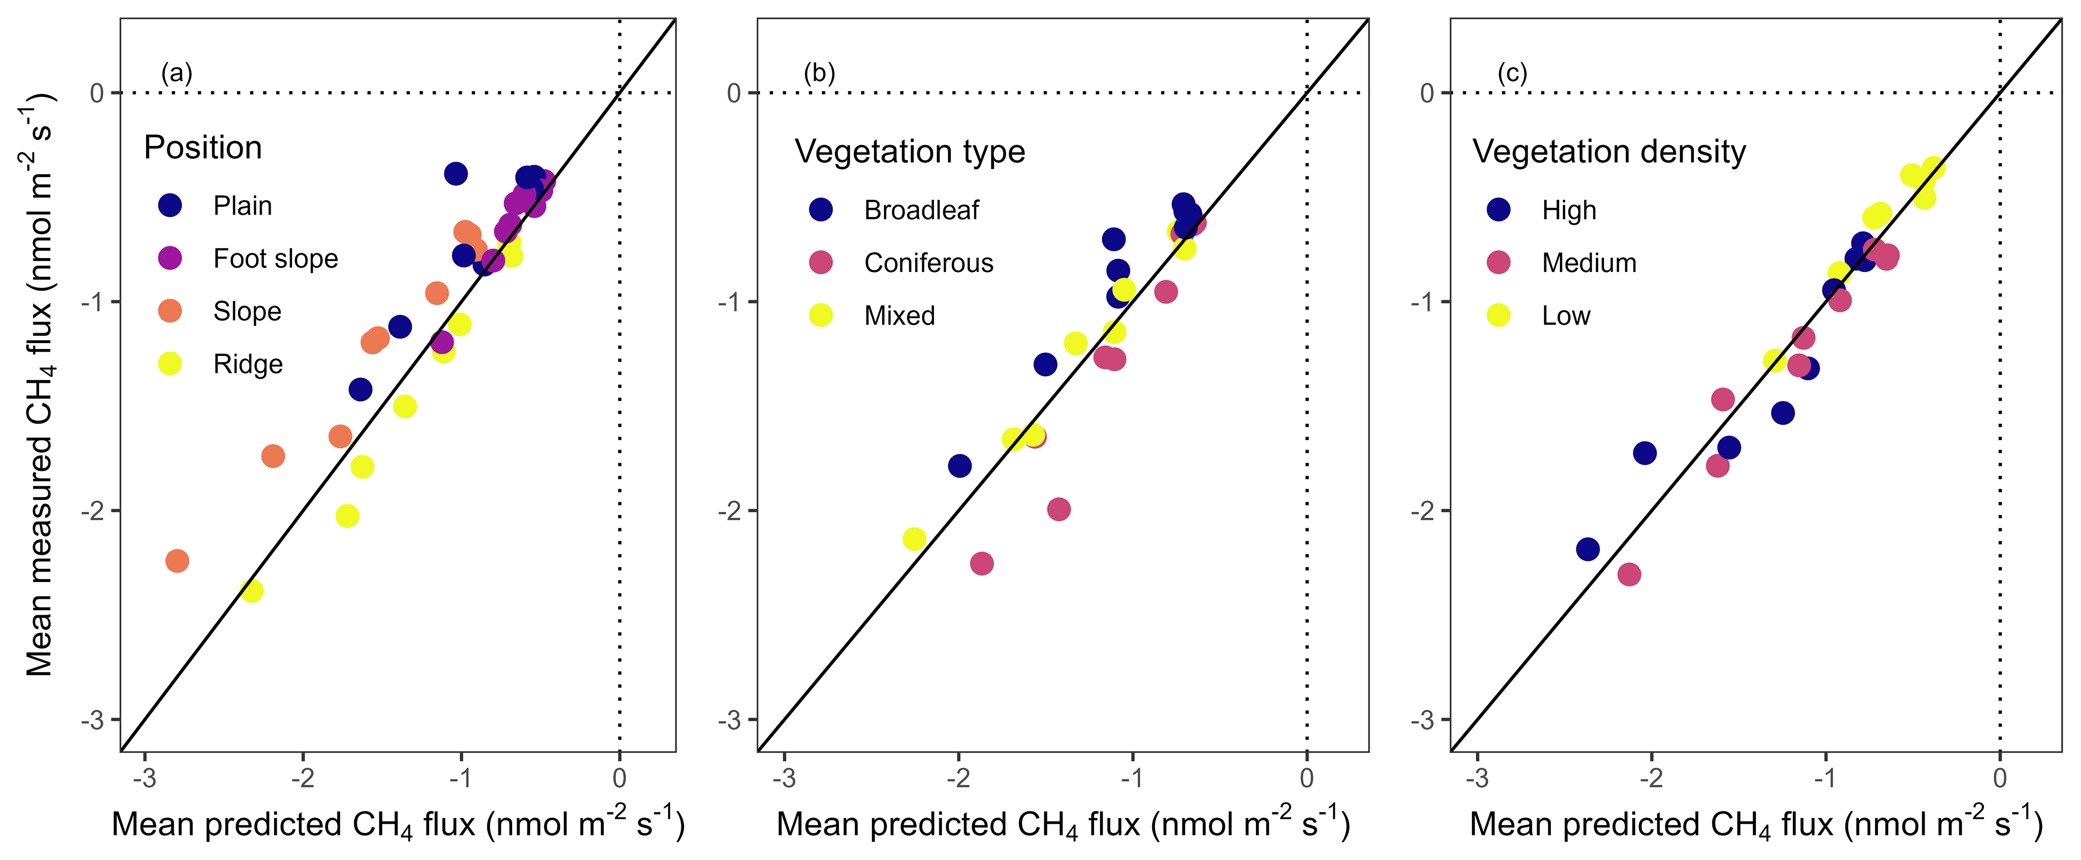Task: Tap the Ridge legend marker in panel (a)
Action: pos(170,363)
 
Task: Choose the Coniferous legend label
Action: pos(928,263)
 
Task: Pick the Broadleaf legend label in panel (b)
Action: pos(921,211)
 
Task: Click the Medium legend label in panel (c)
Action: pos(1588,263)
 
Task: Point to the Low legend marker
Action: pos(1499,315)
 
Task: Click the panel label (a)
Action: pos(176,74)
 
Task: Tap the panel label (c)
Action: pos(1512,74)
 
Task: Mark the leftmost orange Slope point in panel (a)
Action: pos(177,560)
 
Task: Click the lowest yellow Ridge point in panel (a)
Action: pos(251,591)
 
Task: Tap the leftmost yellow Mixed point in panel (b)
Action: pos(914,539)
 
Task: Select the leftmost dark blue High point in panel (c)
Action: pos(1588,549)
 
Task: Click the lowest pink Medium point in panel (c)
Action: pos(1629,574)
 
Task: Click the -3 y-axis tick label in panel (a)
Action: pos(93,720)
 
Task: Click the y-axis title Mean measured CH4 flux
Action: pos(39,384)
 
